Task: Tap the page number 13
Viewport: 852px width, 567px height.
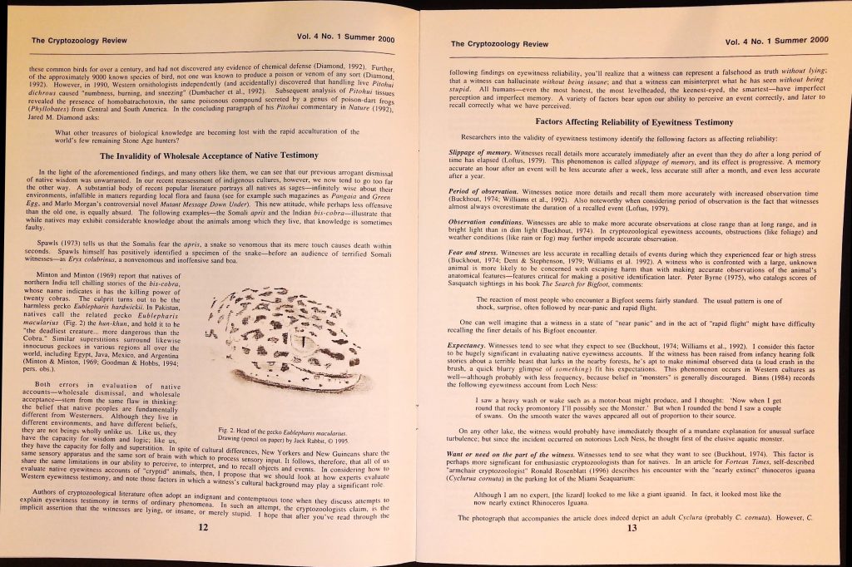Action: click(x=632, y=528)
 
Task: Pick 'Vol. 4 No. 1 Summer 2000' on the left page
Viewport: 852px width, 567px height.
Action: click(x=344, y=38)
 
